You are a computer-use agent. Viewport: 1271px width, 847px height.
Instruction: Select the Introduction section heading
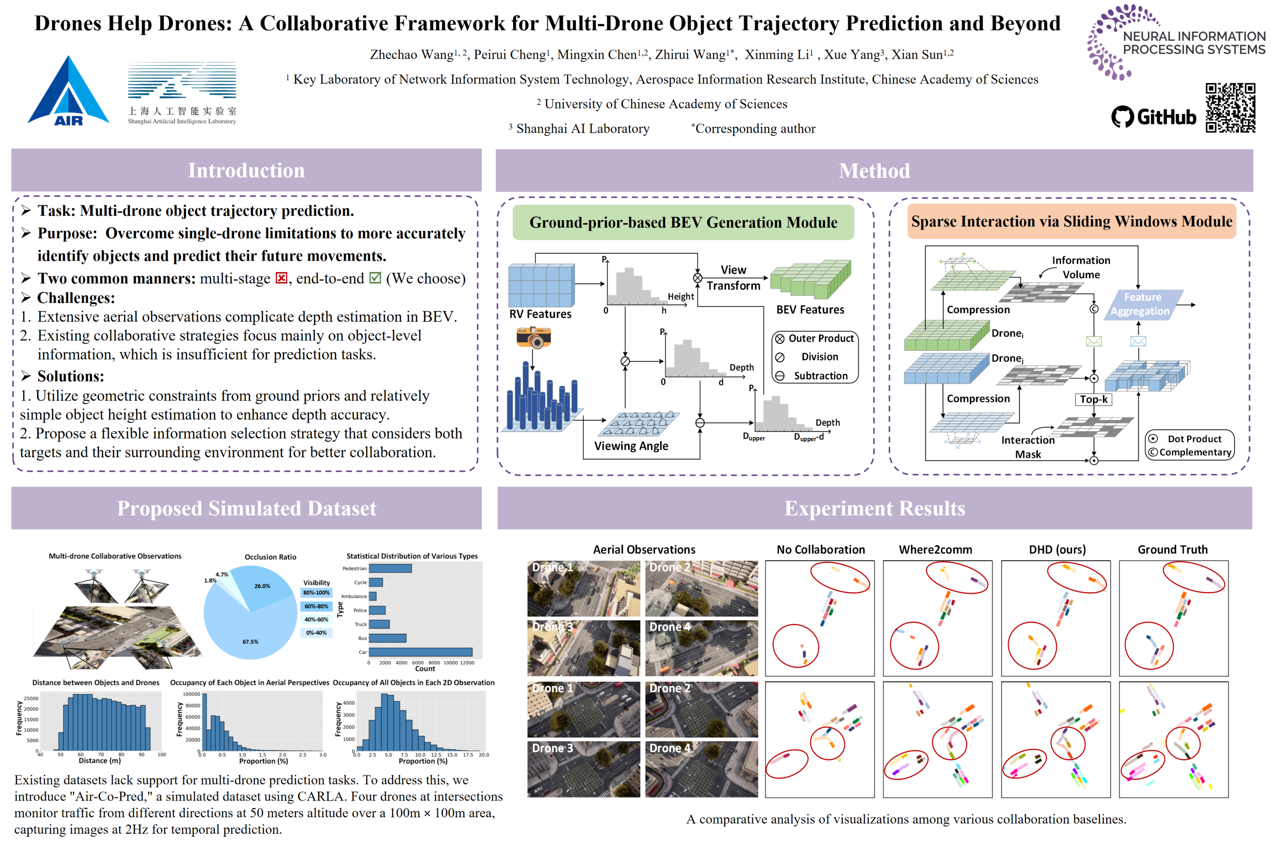point(247,170)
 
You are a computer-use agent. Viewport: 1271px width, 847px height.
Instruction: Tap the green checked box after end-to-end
point(375,278)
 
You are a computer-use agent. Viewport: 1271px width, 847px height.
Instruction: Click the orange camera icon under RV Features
point(533,338)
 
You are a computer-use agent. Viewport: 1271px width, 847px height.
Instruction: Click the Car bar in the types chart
point(420,652)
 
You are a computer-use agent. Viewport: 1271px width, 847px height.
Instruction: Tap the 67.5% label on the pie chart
point(250,642)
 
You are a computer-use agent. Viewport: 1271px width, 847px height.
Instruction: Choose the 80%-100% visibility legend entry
point(316,593)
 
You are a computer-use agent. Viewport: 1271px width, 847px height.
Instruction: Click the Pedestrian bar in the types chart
point(390,568)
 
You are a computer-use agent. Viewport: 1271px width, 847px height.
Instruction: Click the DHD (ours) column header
point(1057,549)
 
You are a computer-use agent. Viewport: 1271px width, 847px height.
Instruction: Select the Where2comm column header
point(935,549)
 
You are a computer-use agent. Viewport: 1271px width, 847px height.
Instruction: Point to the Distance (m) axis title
point(100,761)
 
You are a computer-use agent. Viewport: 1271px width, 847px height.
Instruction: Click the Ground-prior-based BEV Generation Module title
point(683,223)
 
